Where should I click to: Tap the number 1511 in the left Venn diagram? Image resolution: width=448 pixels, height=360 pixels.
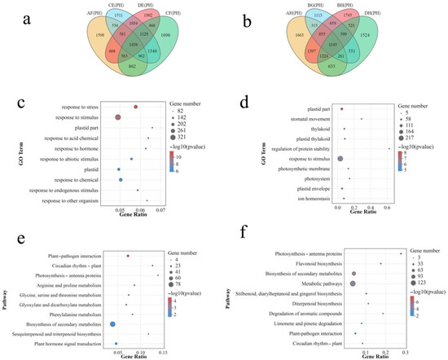(x=117, y=15)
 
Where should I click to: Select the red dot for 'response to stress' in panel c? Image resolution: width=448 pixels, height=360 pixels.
(x=135, y=106)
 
